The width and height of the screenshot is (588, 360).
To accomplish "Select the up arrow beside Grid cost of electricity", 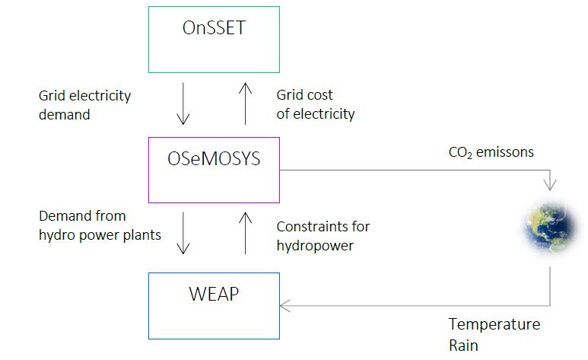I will point(245,105).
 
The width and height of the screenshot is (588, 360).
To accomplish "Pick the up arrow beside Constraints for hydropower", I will point(245,234).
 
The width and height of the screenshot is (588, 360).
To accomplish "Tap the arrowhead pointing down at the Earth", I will point(550,183).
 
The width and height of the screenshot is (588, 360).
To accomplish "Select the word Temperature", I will point(494,324).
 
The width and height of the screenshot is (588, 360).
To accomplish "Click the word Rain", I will point(463,345).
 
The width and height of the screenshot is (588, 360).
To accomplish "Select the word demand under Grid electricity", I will point(65,114).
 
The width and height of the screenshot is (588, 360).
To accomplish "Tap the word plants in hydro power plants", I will point(142,234).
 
